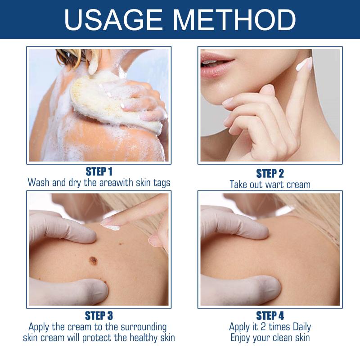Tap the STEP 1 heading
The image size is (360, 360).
[99, 171]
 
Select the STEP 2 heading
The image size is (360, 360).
[270, 173]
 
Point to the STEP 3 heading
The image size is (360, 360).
[99, 316]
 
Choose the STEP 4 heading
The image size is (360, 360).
[270, 316]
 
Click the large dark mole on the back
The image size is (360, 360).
[93, 261]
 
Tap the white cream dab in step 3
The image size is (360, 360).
[111, 227]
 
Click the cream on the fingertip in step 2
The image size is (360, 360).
[304, 64]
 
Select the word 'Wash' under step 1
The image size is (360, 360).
[39, 183]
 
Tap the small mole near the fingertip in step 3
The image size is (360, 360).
[120, 243]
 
